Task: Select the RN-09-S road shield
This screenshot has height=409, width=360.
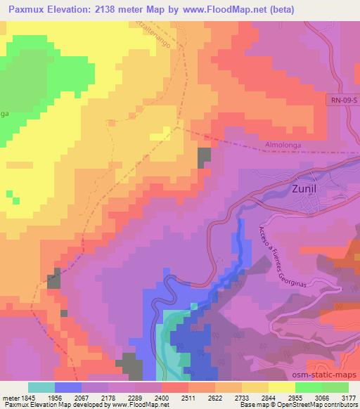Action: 342,101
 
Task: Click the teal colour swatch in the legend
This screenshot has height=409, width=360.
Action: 41,387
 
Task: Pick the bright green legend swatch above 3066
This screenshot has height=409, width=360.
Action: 309,387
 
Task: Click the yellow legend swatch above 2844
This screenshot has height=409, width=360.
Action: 255,387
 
